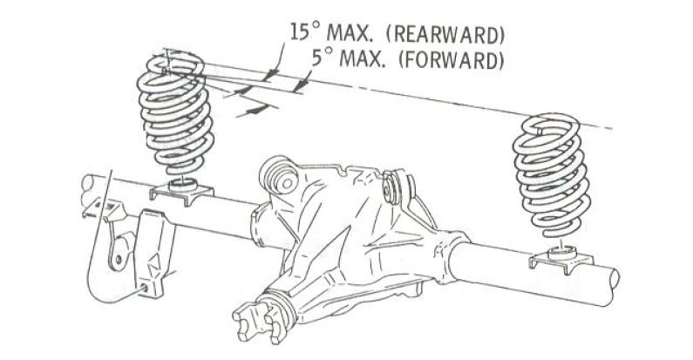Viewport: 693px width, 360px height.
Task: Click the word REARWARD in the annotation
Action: [x=445, y=35]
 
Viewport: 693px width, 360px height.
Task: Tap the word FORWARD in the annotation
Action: [x=451, y=59]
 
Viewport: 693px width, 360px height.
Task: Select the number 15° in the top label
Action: [x=304, y=32]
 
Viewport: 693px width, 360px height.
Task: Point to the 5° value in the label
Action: [x=322, y=58]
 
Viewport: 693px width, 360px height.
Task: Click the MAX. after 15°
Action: [x=352, y=32]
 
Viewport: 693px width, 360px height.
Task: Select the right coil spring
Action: [x=551, y=175]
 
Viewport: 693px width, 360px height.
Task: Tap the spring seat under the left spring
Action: [x=181, y=191]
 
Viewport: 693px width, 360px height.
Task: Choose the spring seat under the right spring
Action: [x=561, y=259]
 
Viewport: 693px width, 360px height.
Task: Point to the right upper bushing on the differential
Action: [x=397, y=187]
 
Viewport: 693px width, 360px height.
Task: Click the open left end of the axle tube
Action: [x=86, y=190]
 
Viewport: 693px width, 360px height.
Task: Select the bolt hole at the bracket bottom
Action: [x=144, y=288]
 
